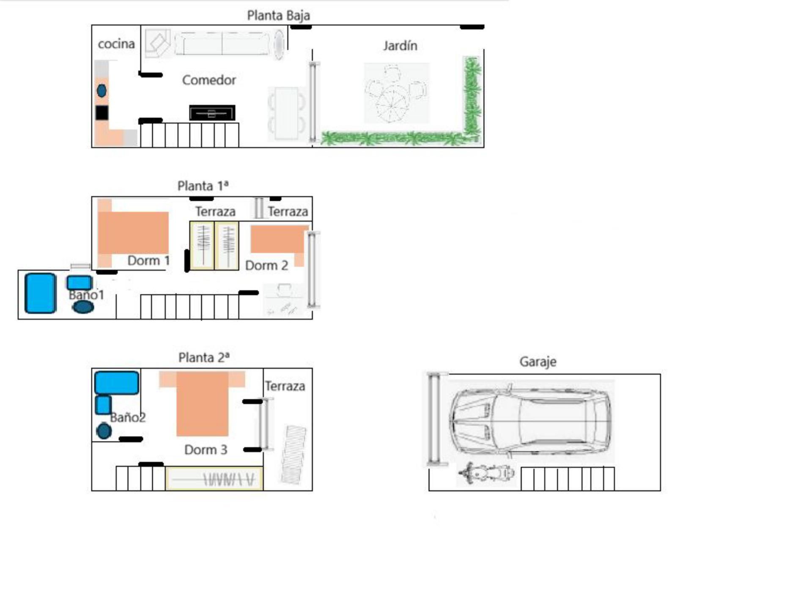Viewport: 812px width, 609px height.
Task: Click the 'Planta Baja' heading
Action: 278,16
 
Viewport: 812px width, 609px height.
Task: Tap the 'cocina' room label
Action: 116,44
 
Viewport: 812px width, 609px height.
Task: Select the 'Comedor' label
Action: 209,80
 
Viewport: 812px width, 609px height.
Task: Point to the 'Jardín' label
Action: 400,46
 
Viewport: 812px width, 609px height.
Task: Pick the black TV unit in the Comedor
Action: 212,113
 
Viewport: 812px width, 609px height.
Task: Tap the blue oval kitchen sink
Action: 101,91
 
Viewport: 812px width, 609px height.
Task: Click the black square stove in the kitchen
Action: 101,113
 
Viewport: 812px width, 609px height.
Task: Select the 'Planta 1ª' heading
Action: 203,186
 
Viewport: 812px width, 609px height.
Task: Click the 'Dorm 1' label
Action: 148,261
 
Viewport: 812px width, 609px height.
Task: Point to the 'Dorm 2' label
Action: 266,266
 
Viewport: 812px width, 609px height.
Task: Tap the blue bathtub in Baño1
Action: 40,293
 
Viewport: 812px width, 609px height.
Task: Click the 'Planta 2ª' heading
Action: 204,358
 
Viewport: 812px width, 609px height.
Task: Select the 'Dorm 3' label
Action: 206,450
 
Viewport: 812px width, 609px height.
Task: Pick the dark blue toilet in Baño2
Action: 104,431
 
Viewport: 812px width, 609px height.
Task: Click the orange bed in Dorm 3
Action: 202,403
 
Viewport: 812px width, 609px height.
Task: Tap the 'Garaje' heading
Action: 538,362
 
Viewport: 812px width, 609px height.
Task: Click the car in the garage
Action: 531,422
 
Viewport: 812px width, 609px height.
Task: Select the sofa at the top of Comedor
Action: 222,43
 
